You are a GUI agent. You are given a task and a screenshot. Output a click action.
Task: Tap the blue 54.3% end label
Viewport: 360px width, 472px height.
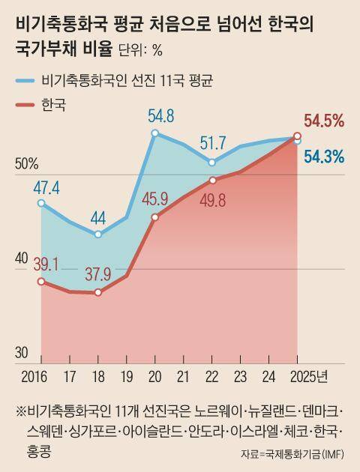tap(324, 157)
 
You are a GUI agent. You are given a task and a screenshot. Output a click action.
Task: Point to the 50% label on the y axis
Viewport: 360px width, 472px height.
tap(27, 163)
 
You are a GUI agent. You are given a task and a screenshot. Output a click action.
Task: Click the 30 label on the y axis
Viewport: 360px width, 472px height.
tap(22, 353)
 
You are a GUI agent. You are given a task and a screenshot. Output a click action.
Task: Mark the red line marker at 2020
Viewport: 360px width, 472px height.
tap(154, 217)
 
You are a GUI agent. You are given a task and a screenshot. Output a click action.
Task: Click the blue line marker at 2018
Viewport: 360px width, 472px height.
tap(98, 235)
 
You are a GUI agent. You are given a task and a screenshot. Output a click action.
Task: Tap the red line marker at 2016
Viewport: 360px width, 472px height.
tap(41, 281)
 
